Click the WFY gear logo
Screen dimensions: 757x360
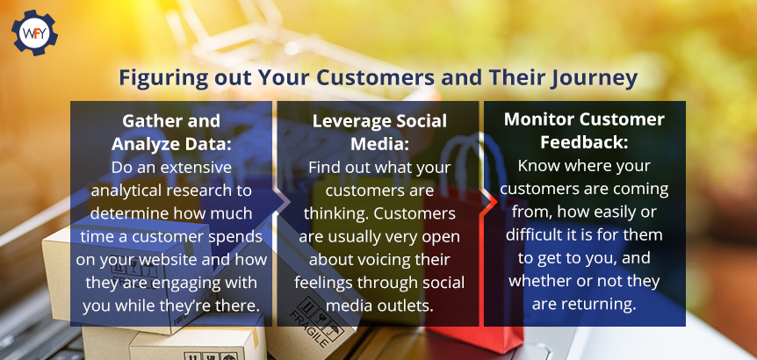(x=34, y=32)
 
